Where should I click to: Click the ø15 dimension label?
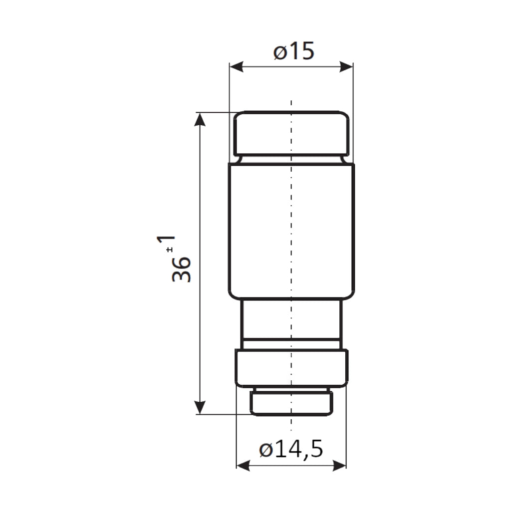293,51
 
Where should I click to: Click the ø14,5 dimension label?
291,449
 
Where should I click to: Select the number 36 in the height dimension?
181,269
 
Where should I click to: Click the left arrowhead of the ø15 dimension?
236,67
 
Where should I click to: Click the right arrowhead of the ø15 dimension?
346,67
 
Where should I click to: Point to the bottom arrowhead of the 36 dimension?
200,408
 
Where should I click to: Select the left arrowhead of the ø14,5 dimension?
243,466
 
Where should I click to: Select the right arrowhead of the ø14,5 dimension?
339,466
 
